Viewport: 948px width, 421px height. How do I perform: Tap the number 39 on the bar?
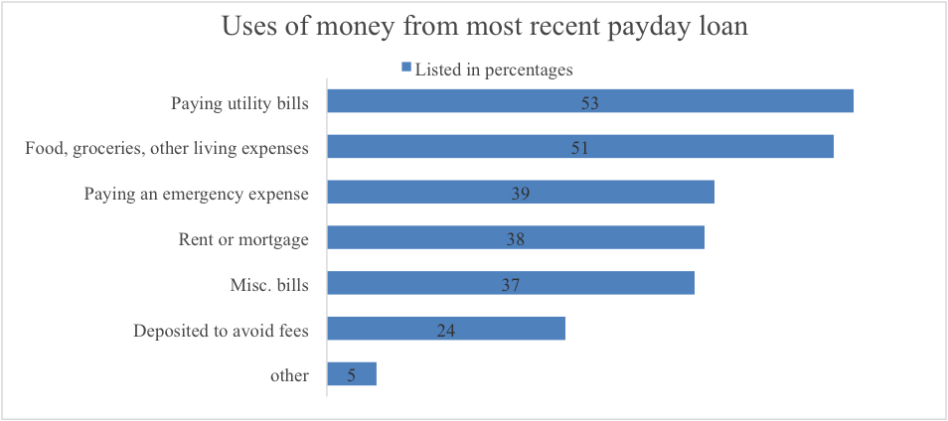[x=520, y=194]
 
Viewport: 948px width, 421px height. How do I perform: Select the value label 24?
[x=446, y=331]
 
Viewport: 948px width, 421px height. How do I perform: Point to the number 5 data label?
[x=351, y=375]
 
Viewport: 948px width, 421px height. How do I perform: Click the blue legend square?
[x=405, y=69]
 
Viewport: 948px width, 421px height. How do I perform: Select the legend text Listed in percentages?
[x=494, y=70]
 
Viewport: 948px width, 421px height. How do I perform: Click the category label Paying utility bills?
[x=239, y=102]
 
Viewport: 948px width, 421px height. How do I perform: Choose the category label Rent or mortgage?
[x=243, y=239]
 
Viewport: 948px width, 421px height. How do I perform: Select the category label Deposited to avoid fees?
[x=221, y=331]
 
